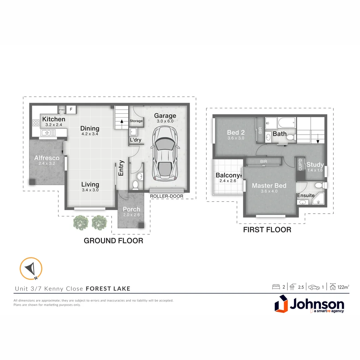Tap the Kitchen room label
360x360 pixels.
point(54,119)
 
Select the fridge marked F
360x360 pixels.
point(71,109)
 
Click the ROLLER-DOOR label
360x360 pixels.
point(167,196)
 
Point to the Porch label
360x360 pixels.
point(131,209)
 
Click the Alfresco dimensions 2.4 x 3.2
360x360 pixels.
point(47,164)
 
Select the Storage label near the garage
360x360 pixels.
point(136,121)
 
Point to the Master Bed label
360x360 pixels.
point(269,186)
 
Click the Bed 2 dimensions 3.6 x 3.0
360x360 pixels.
point(236,138)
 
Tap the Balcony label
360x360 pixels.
point(228,175)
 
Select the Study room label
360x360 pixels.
point(315,165)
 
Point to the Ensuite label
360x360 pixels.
point(306,195)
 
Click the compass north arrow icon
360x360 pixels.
point(31,268)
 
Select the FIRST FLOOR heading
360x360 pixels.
point(267,230)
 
